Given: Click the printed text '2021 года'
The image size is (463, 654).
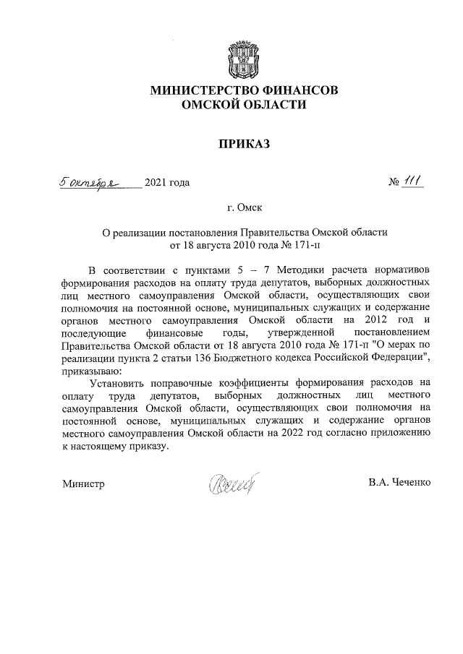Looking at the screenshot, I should point(167,183).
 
